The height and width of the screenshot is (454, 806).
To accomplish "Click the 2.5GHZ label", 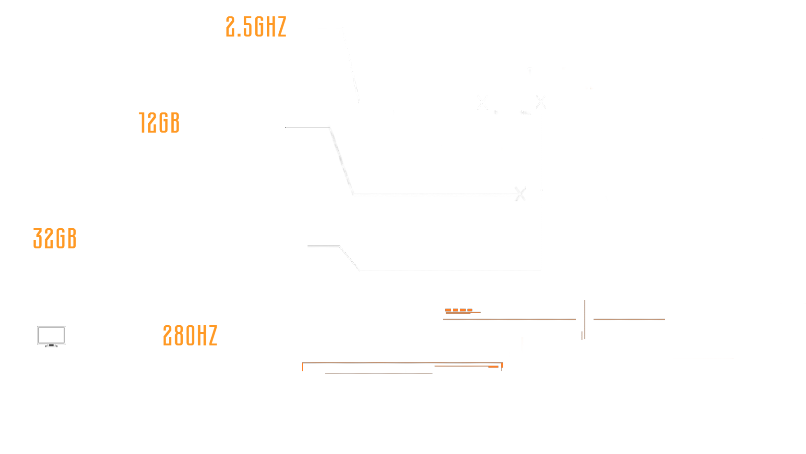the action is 256,27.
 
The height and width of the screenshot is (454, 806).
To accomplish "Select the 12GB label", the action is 159,123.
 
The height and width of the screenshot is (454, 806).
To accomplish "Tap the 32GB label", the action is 55,238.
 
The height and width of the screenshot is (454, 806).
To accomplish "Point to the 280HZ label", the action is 190,335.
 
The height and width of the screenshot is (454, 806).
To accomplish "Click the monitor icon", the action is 51,336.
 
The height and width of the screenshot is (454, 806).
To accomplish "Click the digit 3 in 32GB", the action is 38,238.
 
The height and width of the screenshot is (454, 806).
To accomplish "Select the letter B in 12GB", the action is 175,123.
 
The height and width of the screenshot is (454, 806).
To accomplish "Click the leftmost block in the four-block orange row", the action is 448,310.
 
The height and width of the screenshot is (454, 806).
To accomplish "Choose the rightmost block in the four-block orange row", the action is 470,310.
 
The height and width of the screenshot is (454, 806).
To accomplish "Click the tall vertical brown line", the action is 585,319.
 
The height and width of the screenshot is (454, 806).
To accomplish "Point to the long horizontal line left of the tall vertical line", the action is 509,319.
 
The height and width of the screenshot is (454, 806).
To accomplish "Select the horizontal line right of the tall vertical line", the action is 629,319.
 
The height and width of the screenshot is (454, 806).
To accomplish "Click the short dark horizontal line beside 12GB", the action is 308,127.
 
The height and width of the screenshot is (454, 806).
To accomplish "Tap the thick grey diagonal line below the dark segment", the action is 342,160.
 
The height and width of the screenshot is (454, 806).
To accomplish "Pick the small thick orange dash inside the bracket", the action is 493,367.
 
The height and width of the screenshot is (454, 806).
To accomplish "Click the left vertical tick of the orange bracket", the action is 303,367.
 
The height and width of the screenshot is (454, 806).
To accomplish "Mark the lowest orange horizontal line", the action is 379,374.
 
